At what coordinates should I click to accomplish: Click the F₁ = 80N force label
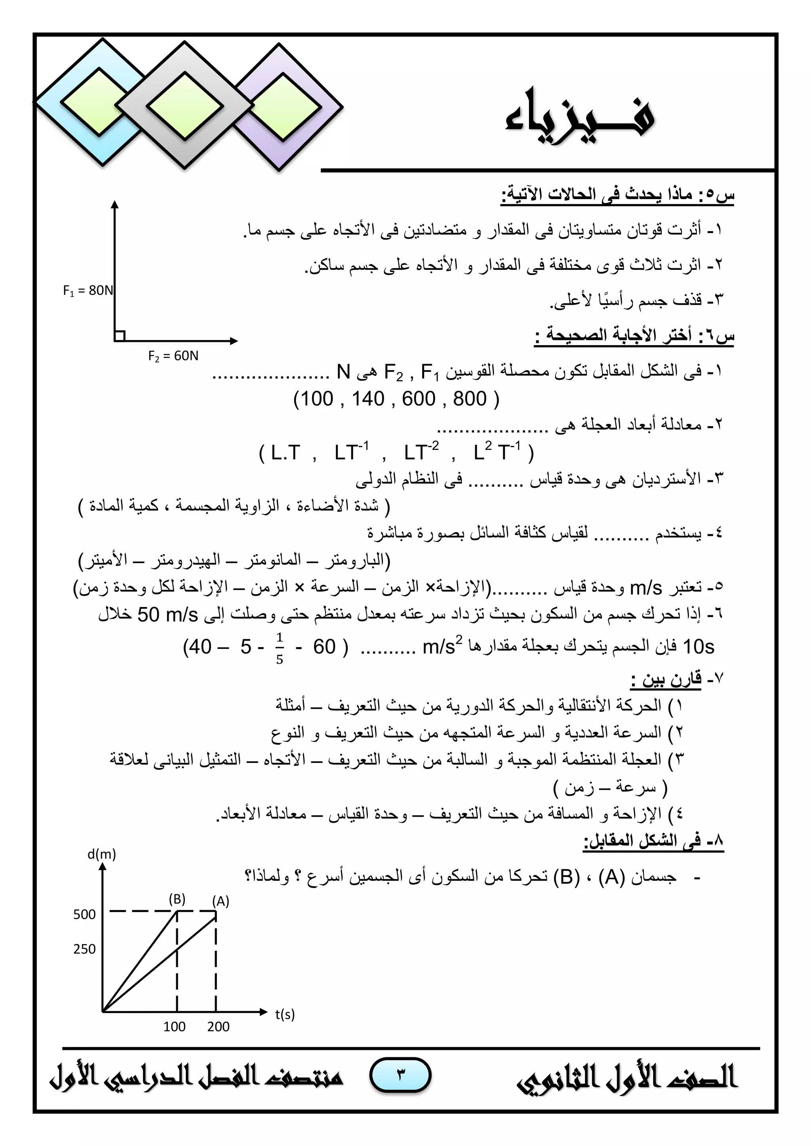pyautogui.click(x=88, y=290)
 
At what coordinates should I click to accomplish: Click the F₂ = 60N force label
pyautogui.click(x=173, y=356)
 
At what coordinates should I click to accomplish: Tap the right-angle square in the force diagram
pyautogui.click(x=119, y=336)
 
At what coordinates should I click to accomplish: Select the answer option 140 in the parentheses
pyautogui.click(x=368, y=399)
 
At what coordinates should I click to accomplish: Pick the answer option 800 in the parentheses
pyautogui.click(x=469, y=399)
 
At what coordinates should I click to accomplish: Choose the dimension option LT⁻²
pyautogui.click(x=421, y=452)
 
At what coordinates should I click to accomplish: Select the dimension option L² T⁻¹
pyautogui.click(x=497, y=451)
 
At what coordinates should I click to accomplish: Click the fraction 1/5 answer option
pyautogui.click(x=280, y=648)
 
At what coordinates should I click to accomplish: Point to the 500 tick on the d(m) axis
pyautogui.click(x=84, y=915)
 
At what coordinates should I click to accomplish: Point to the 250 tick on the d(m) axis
pyautogui.click(x=84, y=949)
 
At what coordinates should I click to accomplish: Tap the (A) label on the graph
pyautogui.click(x=221, y=901)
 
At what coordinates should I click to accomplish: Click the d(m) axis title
pyautogui.click(x=101, y=854)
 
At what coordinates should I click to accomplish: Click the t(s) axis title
pyautogui.click(x=285, y=1014)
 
